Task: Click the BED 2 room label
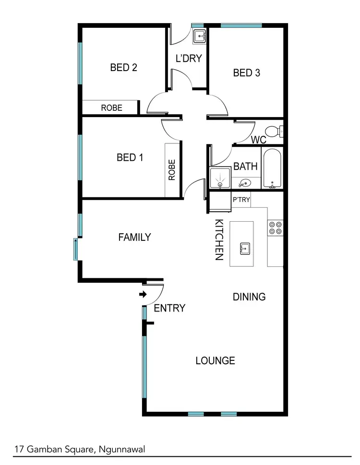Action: tap(124, 68)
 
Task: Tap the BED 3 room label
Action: tap(247, 73)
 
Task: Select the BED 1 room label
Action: tap(130, 157)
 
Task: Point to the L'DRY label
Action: tap(189, 59)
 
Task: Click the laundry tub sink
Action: tap(199, 36)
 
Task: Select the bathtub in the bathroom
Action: tap(272, 169)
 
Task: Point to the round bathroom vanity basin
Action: tap(245, 183)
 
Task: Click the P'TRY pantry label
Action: tap(241, 200)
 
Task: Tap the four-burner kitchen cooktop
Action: tap(275, 227)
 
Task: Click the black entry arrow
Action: tap(143, 295)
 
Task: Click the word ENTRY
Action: tap(169, 308)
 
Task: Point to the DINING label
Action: tap(249, 297)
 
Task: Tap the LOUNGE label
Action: tap(216, 360)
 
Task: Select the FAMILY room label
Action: tap(135, 237)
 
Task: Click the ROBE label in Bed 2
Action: tap(111, 108)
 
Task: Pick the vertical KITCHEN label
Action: tap(219, 239)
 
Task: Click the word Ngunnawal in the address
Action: tap(123, 450)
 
